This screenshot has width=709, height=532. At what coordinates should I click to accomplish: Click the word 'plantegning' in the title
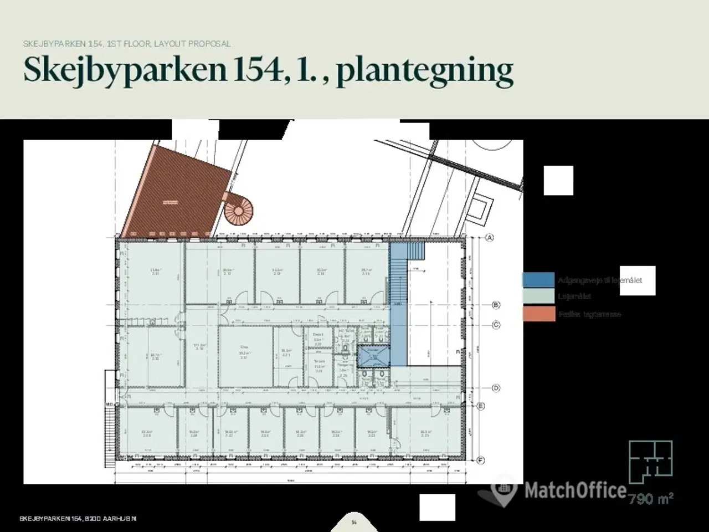tap(424, 70)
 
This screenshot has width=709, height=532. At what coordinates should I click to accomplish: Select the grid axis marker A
tap(489, 238)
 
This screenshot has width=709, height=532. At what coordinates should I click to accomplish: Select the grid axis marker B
tap(496, 305)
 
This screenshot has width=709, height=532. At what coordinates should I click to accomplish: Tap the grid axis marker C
tap(496, 325)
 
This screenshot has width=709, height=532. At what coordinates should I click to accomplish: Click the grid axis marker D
tap(496, 388)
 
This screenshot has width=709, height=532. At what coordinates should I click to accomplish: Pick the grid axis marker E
tap(480, 406)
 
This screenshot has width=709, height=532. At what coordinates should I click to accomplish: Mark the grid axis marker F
tap(480, 460)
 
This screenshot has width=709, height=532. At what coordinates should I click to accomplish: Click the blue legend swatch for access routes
tap(538, 280)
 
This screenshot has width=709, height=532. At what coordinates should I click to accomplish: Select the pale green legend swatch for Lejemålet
tap(538, 296)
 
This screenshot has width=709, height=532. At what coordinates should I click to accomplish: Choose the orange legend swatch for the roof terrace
tap(538, 314)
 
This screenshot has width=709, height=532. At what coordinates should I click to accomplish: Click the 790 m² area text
tap(651, 499)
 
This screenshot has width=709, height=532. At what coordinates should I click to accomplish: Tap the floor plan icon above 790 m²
tap(651, 461)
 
